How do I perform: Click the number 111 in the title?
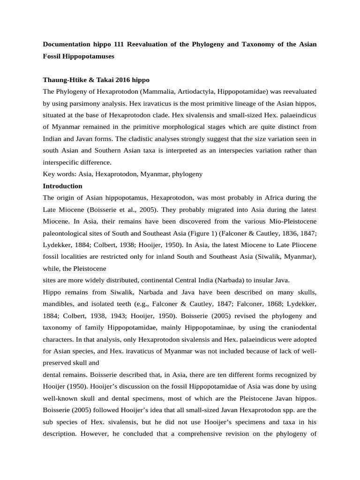point(120,44)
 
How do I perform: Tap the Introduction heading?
point(62,186)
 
